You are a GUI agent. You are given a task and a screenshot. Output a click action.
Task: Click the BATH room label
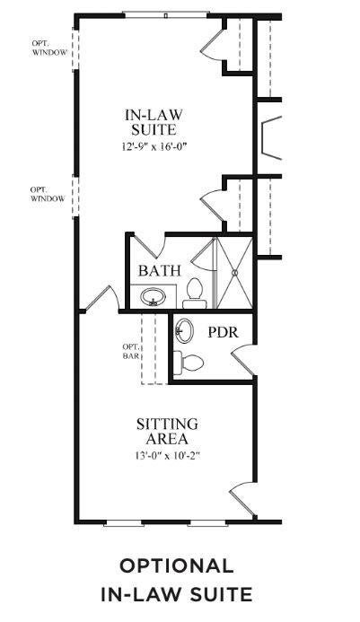coord(160,270)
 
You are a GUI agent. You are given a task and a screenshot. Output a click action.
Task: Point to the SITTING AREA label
coord(167,431)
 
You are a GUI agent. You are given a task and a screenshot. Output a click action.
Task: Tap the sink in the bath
coord(154,295)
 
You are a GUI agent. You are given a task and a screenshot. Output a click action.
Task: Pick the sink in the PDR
coord(185,330)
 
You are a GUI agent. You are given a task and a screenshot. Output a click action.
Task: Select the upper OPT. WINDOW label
coord(42,46)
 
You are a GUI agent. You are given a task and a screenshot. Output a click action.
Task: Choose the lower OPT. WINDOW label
coord(48,194)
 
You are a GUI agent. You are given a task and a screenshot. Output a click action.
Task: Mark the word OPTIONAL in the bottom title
coord(177,565)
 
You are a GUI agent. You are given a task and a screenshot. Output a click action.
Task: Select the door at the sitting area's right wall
coord(242,496)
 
